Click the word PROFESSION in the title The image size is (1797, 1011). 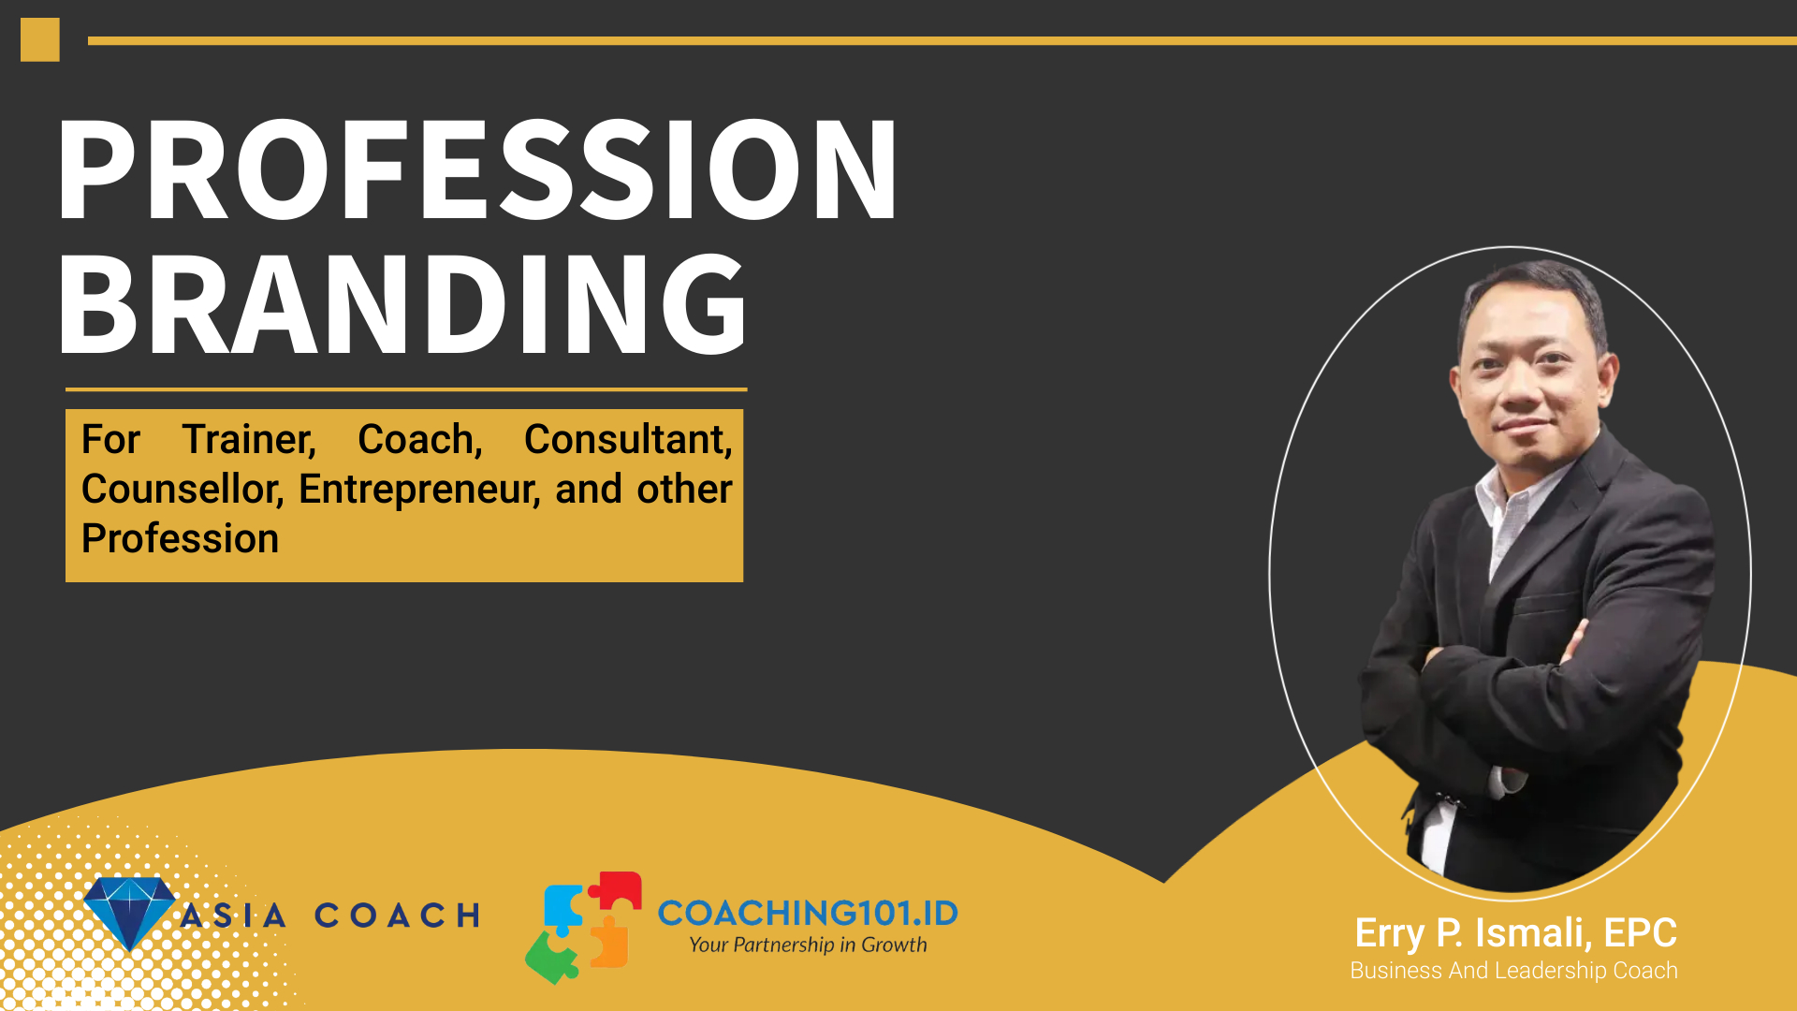pos(477,169)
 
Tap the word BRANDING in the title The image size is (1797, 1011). pos(402,303)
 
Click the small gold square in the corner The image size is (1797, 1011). pos(40,40)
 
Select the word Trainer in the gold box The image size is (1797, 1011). pos(249,440)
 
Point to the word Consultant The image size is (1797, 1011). pos(628,440)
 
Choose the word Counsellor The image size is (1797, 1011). pos(183,490)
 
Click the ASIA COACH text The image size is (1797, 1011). pos(330,915)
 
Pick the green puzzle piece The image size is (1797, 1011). pos(551,957)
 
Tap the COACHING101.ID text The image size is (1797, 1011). pos(808,913)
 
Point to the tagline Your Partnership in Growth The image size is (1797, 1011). pos(808,945)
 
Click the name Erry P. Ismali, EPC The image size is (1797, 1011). pos(1515,933)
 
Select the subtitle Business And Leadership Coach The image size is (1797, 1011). pos(1513,971)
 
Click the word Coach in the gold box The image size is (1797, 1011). pos(420,440)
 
